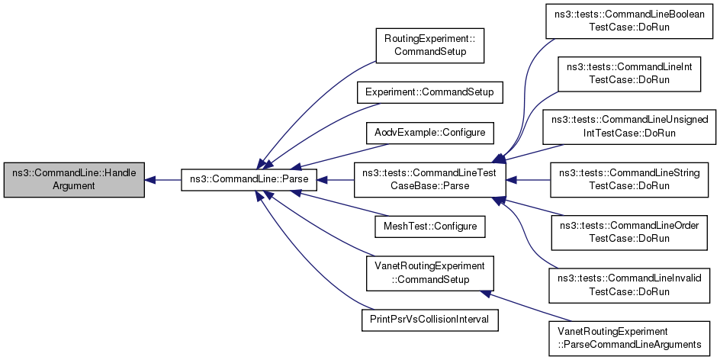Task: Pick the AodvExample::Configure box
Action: coord(430,132)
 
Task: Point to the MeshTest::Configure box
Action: coord(430,227)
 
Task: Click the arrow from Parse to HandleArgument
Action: coord(162,180)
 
